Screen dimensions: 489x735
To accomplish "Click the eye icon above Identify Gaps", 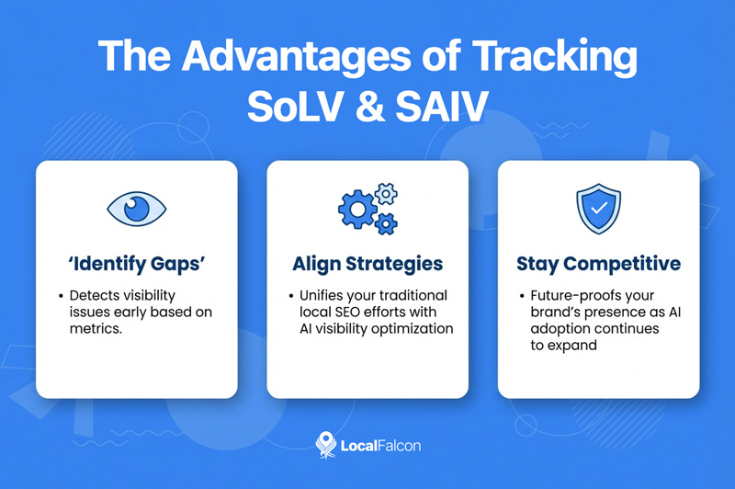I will click(x=135, y=209).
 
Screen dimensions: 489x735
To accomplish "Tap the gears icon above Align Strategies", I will click(x=367, y=208).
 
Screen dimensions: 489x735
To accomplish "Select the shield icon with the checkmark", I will click(x=598, y=209).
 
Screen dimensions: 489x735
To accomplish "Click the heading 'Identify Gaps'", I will click(x=136, y=265).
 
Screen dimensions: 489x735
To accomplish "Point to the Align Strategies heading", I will click(x=367, y=265).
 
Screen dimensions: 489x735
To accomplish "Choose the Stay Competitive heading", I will click(x=598, y=265).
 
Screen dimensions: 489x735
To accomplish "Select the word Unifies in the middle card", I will click(x=324, y=296).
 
